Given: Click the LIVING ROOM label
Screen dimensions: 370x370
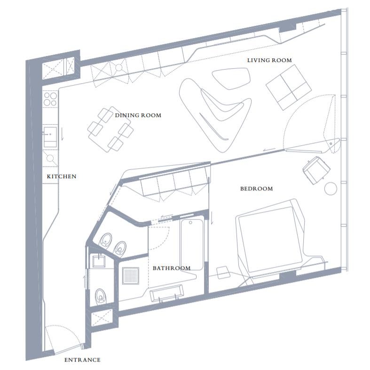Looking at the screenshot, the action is (x=269, y=60).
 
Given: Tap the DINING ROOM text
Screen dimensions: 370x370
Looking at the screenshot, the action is (x=138, y=115).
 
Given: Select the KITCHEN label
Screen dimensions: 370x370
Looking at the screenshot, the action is (x=61, y=176).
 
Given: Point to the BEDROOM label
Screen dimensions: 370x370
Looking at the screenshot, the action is (x=256, y=189).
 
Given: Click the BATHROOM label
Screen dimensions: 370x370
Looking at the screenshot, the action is (x=172, y=268).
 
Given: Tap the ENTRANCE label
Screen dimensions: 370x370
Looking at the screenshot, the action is (x=82, y=360).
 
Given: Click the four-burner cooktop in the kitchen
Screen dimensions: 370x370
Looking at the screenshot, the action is (x=50, y=99).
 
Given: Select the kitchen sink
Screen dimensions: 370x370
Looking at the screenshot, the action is (x=50, y=137).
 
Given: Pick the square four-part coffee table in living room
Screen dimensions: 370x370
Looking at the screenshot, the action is (x=289, y=87).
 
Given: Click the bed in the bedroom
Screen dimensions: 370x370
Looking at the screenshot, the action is (x=270, y=239).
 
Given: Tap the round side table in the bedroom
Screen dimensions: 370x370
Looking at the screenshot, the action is (x=331, y=189).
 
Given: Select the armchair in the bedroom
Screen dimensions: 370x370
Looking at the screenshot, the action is (x=316, y=170).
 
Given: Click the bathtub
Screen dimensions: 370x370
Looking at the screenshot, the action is (x=191, y=244).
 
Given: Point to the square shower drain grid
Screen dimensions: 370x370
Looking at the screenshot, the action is (x=131, y=276).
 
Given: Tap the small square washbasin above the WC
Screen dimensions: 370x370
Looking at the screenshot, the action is (x=99, y=261).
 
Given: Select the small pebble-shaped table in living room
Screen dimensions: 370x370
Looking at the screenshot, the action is (x=231, y=79).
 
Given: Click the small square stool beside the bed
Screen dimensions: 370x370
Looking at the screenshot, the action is (x=223, y=273).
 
